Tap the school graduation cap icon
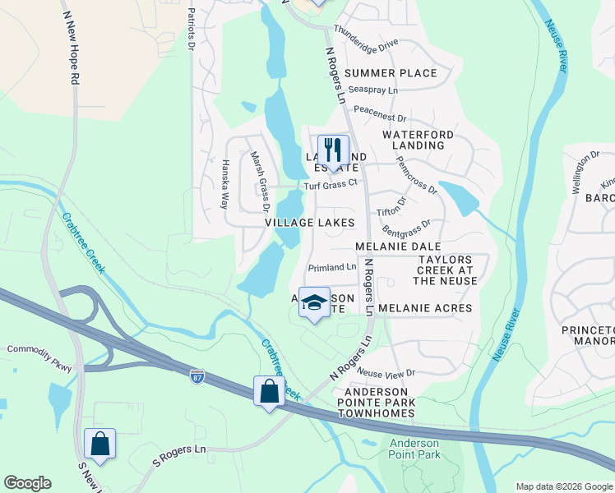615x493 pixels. pyautogui.click(x=313, y=302)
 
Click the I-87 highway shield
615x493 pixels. pyautogui.click(x=197, y=376)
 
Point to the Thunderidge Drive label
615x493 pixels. pyautogui.click(x=366, y=41)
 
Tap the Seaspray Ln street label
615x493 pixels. pyautogui.click(x=372, y=90)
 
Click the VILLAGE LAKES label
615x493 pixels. pyautogui.click(x=309, y=223)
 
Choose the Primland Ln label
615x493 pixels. pyautogui.click(x=332, y=267)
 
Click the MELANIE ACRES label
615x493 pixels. pyautogui.click(x=425, y=308)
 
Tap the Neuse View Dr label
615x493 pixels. pyautogui.click(x=386, y=373)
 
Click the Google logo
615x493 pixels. pyautogui.click(x=27, y=483)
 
